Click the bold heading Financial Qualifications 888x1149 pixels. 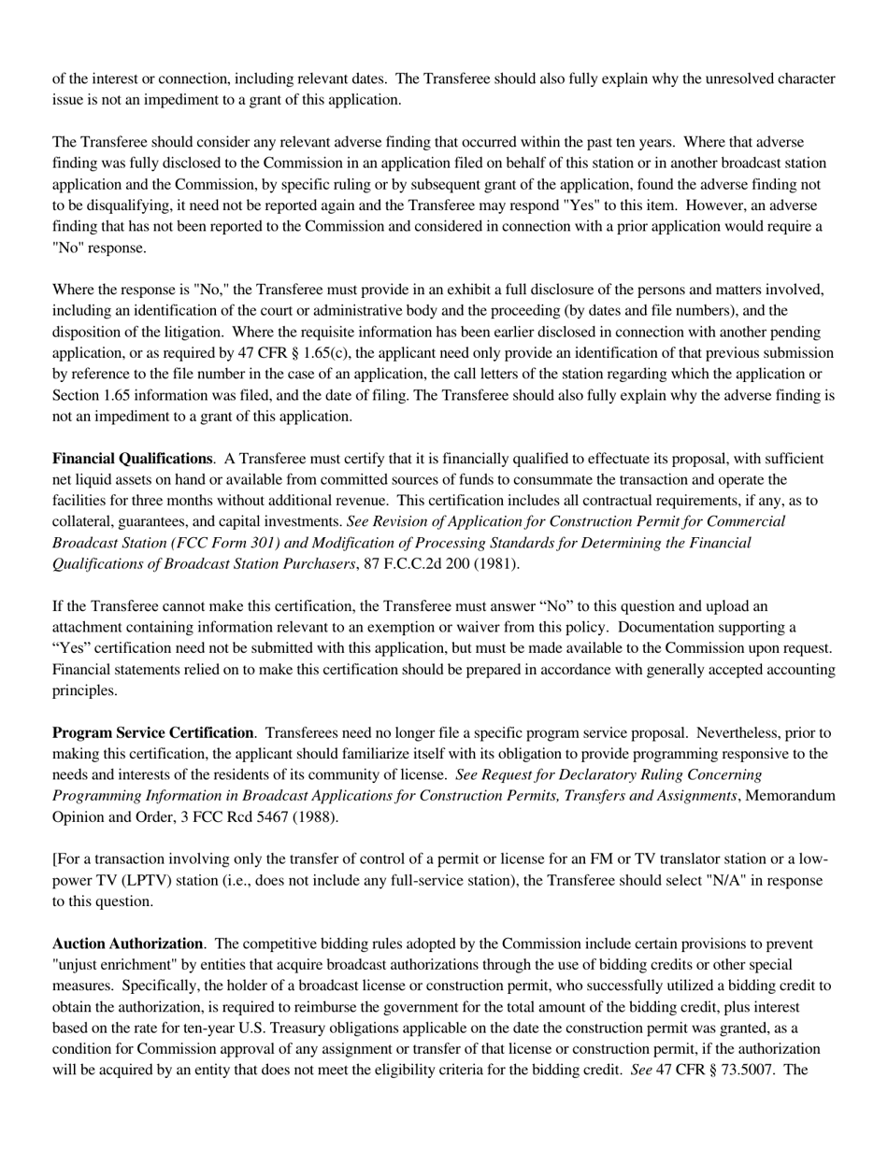(x=132, y=459)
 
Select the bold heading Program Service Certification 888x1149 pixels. (x=152, y=733)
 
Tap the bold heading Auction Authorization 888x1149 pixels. (x=127, y=943)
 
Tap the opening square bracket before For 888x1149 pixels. (x=54, y=859)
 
